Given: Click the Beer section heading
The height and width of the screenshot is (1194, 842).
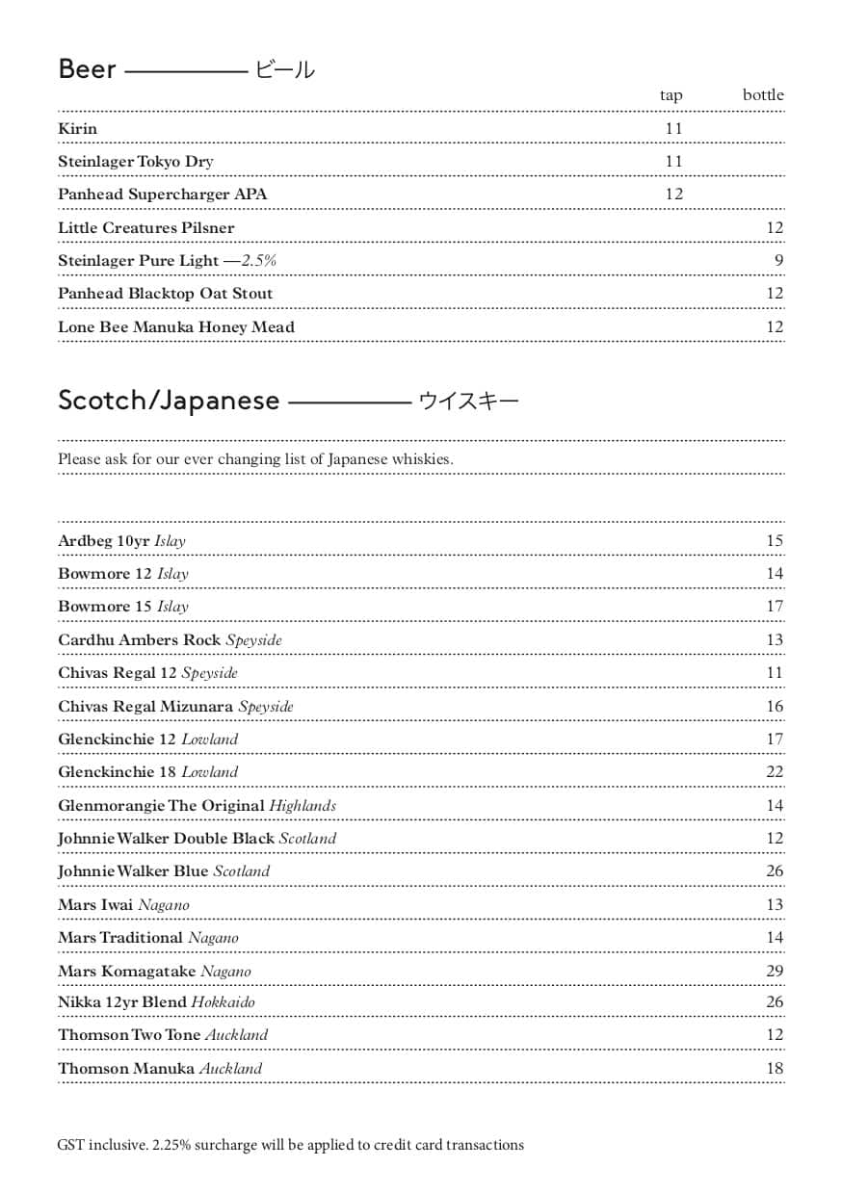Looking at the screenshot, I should (x=88, y=69).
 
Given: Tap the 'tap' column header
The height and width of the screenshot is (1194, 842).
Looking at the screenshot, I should (x=671, y=95).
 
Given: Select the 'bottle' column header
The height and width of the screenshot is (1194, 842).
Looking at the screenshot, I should (x=762, y=95).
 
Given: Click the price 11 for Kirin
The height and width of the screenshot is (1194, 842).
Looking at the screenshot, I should (x=673, y=129).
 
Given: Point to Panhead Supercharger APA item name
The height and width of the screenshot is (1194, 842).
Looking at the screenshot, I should (x=162, y=195).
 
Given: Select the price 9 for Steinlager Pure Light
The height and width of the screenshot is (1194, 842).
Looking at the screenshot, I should (x=778, y=261).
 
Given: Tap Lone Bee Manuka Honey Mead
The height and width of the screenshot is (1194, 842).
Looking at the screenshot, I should (x=175, y=327).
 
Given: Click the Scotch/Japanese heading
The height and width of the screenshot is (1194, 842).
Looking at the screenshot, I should (x=169, y=401).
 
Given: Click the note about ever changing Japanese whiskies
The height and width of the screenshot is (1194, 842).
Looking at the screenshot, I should (x=255, y=459).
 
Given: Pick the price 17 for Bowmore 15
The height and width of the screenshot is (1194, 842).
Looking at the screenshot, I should (x=775, y=607).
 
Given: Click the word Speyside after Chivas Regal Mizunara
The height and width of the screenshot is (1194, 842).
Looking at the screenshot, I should (x=266, y=707).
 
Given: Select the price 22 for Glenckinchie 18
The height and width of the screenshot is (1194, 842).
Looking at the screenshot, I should (x=775, y=772).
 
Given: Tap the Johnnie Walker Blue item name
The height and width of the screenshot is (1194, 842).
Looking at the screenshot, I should (x=133, y=871).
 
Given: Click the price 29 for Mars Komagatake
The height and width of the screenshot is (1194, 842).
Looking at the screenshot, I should (x=775, y=971).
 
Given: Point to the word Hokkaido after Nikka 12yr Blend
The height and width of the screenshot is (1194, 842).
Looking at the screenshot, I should (x=223, y=1002).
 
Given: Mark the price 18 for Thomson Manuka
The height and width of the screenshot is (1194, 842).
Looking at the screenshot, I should (x=775, y=1069).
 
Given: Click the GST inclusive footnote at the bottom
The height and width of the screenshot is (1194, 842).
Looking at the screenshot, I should (x=290, y=1146).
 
